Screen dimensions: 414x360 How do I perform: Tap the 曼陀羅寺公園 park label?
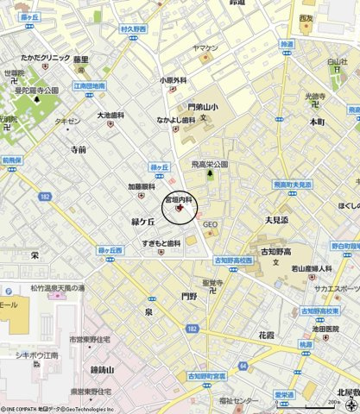click(x=37, y=90)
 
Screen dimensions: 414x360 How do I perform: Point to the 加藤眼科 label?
click(x=142, y=185)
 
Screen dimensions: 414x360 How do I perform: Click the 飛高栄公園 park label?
click(x=209, y=163)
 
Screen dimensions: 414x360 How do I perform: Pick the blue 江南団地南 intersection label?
click(x=89, y=85)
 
